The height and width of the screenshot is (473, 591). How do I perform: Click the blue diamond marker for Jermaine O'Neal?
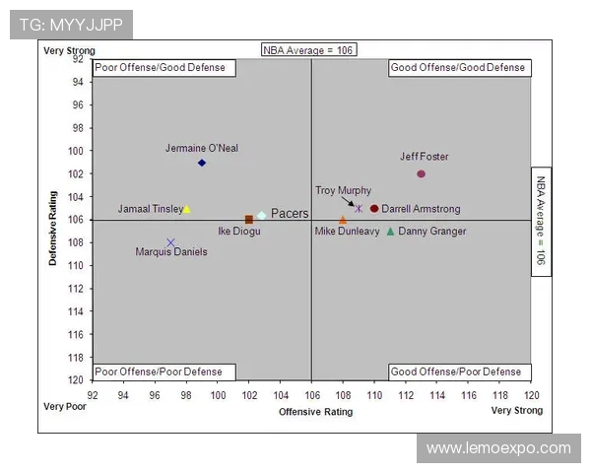[x=202, y=163]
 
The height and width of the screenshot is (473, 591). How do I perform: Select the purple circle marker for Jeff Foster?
[x=421, y=173]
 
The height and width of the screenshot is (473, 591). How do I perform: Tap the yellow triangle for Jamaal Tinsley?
[x=187, y=209]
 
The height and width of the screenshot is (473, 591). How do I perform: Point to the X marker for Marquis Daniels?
[x=170, y=242]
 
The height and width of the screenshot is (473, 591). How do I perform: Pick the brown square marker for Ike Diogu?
[x=249, y=220]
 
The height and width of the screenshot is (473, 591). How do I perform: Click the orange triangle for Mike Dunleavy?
[x=343, y=220]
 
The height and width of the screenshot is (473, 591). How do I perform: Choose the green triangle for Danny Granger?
[x=390, y=232]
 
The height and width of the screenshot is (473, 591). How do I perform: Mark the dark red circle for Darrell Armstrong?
[x=374, y=209]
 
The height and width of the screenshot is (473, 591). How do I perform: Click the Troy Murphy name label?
[x=343, y=190]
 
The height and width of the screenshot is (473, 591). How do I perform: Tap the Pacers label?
[x=290, y=213]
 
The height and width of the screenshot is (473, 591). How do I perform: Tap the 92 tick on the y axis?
[x=77, y=59]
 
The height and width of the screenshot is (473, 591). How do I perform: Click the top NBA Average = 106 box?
[x=308, y=49]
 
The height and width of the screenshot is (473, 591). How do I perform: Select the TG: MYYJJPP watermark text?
[x=70, y=25]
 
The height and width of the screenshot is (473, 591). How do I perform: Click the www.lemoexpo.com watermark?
[x=498, y=448]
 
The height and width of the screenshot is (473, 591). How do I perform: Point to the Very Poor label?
[x=65, y=406]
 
